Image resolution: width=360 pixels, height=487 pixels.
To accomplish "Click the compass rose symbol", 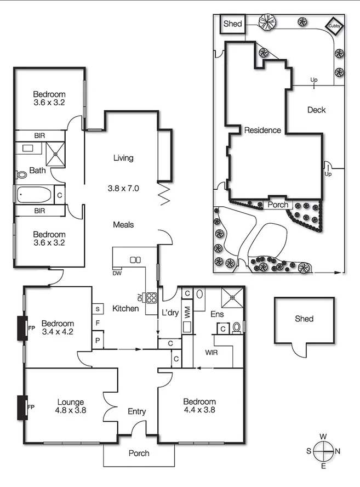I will (x=324, y=451).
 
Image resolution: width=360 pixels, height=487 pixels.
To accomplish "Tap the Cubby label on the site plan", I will (x=333, y=25).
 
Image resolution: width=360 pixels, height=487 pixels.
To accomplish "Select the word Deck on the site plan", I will (x=316, y=110).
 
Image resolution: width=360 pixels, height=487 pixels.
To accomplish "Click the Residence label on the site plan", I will (x=262, y=131).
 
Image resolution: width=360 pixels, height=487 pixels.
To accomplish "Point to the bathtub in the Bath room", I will (x=34, y=195).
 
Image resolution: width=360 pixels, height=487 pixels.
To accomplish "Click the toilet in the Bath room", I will (x=22, y=174).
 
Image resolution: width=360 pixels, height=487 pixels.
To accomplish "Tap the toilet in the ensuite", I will (x=237, y=327).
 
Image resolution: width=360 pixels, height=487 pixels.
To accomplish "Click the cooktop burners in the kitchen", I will (x=151, y=298).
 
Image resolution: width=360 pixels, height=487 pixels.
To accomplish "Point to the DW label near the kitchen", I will (x=117, y=273).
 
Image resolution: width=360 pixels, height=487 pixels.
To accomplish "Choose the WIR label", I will (x=211, y=352).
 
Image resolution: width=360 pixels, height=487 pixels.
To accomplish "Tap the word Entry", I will (x=136, y=411).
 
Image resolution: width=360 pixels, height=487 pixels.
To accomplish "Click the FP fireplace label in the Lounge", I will (x=31, y=407).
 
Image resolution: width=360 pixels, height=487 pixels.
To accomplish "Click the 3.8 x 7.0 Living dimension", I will (x=123, y=188).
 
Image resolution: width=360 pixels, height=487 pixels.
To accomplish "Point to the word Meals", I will (x=123, y=225).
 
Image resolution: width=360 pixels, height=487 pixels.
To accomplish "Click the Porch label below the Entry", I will (x=138, y=454).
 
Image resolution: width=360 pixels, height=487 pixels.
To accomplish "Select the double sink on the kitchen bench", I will (x=135, y=259).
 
